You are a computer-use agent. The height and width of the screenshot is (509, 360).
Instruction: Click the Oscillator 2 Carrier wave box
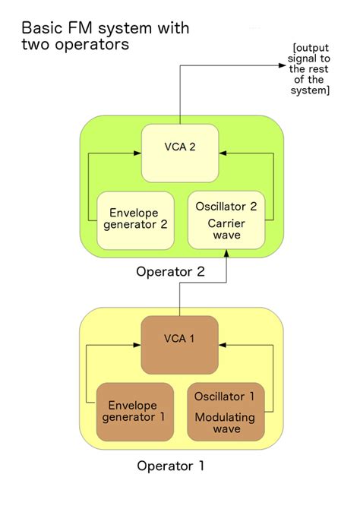click(x=226, y=220)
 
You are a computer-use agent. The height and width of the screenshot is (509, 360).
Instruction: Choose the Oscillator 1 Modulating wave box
click(x=226, y=412)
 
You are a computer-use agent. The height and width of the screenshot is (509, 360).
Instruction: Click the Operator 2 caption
click(x=170, y=271)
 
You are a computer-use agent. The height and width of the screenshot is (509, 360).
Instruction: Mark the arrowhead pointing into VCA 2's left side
click(x=138, y=155)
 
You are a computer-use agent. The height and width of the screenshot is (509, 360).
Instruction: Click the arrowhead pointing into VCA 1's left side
click(x=138, y=346)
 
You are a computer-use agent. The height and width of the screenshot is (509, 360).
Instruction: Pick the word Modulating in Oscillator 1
click(x=225, y=416)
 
